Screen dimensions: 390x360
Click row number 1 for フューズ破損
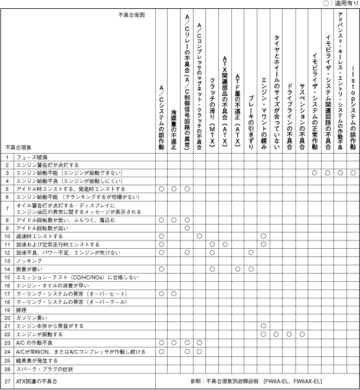[x=8, y=157]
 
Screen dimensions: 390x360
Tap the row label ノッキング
[x=29, y=260]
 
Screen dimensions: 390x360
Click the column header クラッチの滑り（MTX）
[x=212, y=109]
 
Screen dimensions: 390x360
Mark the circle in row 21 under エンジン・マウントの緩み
[x=264, y=326]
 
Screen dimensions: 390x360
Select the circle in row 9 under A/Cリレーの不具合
[x=186, y=227]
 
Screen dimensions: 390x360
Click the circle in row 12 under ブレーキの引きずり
[x=251, y=252]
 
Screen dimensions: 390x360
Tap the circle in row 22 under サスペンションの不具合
[x=302, y=334]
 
